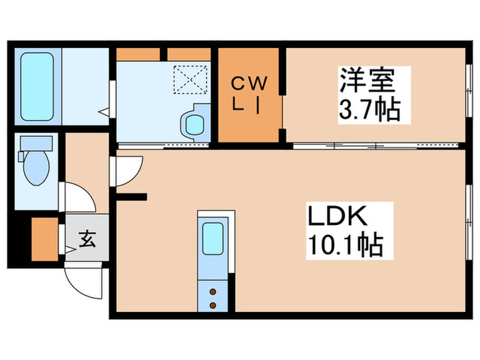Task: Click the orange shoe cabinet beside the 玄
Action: (x=45, y=239)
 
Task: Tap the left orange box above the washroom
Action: (x=139, y=53)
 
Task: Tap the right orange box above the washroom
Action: (x=189, y=53)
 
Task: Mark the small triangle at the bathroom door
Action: (x=102, y=110)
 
